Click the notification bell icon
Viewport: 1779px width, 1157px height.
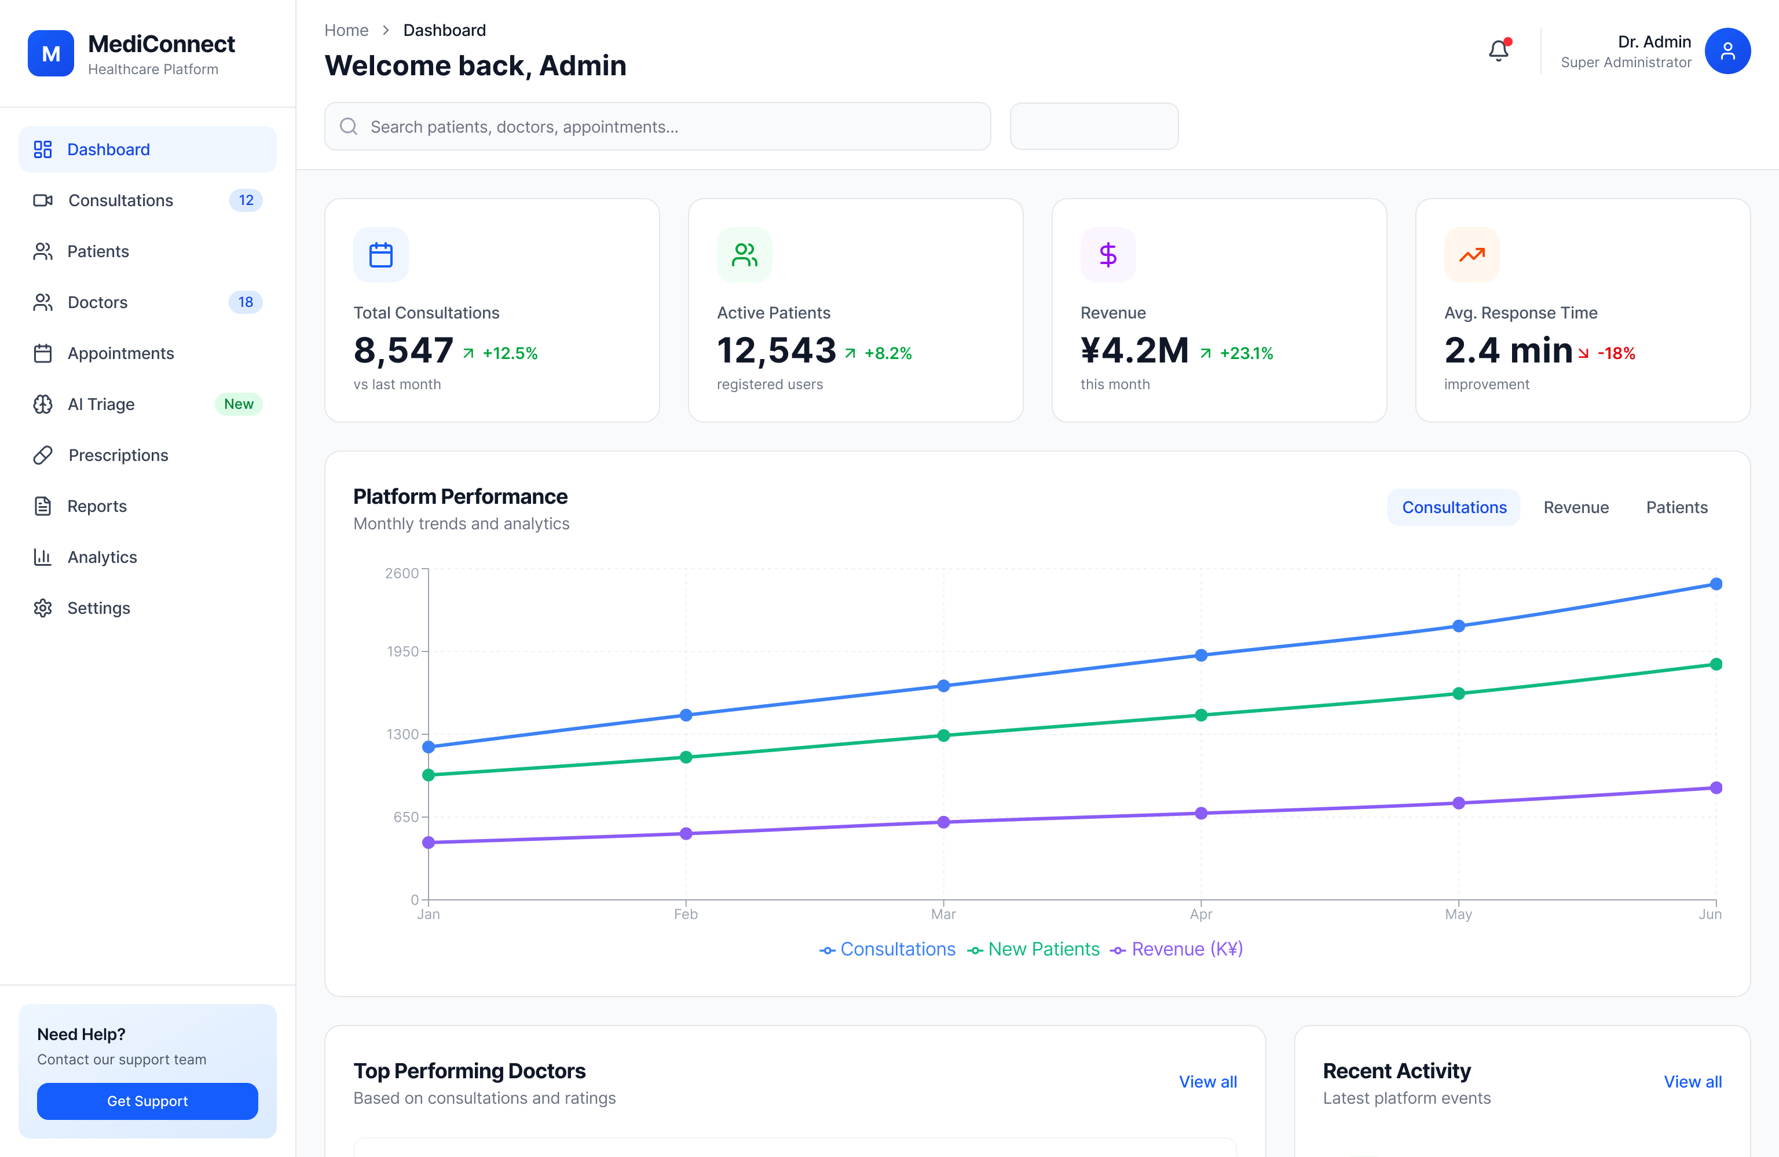click(1498, 51)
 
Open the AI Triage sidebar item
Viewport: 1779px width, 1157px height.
click(101, 404)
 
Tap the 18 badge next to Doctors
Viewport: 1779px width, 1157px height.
click(245, 302)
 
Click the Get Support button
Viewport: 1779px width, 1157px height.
click(147, 1100)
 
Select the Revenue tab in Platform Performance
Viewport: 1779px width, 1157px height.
click(1576, 507)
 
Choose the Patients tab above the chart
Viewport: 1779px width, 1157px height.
click(1676, 507)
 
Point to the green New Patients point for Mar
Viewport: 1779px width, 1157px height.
click(943, 735)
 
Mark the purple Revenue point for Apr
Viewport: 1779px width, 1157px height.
click(1200, 813)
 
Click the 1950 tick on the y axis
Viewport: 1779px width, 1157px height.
click(402, 651)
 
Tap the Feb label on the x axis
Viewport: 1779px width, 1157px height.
click(686, 914)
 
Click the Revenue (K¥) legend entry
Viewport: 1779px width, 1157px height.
click(1177, 949)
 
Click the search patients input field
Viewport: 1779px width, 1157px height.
click(658, 127)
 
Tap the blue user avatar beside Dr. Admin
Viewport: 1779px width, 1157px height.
click(1727, 51)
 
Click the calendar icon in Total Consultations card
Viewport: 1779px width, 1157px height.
click(380, 255)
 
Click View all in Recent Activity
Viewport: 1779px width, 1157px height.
click(1692, 1082)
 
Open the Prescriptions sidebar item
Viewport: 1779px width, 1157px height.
click(118, 455)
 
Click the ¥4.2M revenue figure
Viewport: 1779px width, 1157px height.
click(1134, 350)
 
